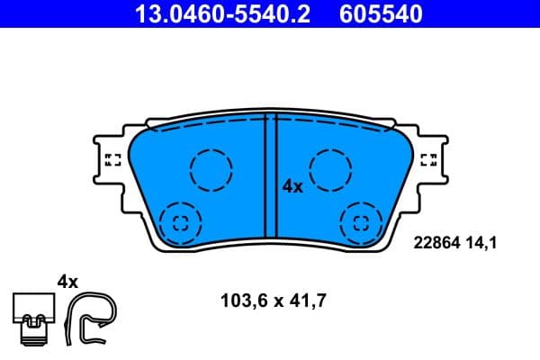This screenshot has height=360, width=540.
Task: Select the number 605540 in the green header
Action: coord(379,13)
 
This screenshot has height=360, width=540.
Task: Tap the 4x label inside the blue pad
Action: coord(292,186)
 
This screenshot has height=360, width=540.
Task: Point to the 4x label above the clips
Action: coord(67,282)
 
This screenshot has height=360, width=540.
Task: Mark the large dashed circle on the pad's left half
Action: coord(211,169)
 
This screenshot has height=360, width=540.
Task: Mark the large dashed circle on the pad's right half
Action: coord(329,169)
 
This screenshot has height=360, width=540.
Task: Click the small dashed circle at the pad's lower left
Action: coord(179,221)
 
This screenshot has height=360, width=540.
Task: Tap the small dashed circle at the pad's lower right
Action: coord(361,221)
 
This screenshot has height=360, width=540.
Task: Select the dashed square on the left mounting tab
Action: coord(112,160)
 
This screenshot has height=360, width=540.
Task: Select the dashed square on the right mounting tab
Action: coord(429,160)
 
